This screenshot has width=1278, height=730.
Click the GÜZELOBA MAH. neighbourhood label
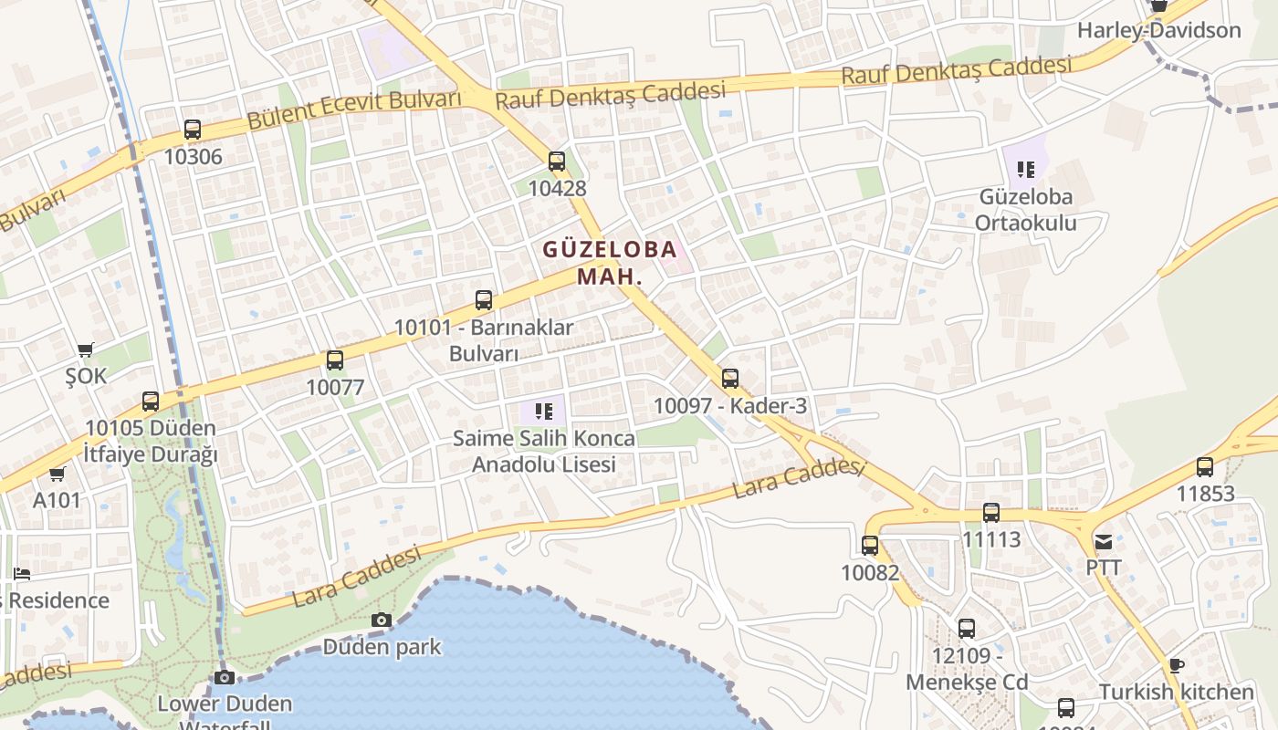(610, 262)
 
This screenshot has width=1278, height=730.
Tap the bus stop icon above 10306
(192, 130)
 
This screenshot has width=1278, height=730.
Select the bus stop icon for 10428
(557, 162)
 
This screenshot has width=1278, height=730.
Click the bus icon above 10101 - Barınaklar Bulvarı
(484, 299)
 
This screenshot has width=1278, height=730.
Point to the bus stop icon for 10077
(335, 360)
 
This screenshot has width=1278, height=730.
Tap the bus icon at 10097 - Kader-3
(730, 379)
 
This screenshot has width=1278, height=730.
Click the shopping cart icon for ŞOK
(86, 349)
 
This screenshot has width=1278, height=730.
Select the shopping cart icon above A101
(58, 474)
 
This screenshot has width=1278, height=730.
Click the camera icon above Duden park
(382, 620)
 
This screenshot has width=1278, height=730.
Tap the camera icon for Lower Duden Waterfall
(225, 677)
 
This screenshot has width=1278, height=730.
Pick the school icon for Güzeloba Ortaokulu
(1026, 169)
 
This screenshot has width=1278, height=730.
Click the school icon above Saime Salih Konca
(544, 412)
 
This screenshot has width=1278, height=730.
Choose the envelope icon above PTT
(1104, 541)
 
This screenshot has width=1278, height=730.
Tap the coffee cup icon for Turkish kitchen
(1177, 665)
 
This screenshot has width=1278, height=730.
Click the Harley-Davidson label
(1159, 30)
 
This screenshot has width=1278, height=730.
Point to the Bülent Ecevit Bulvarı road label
(354, 109)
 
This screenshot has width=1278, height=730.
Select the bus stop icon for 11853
(1205, 467)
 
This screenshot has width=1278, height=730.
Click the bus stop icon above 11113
(991, 513)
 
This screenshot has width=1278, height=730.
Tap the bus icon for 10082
(870, 546)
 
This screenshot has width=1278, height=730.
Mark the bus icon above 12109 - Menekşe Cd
(967, 629)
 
